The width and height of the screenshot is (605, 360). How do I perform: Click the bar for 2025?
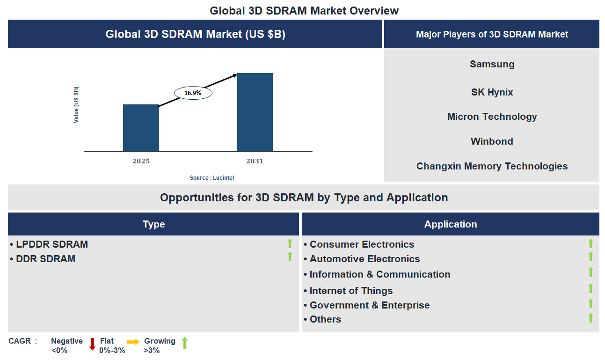tap(141, 128)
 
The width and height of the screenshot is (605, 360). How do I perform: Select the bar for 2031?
tap(255, 112)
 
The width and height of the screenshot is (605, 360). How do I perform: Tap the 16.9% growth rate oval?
tap(193, 93)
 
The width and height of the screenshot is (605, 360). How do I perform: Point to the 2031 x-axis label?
tap(255, 161)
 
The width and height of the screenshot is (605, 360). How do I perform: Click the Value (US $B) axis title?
tap(76, 105)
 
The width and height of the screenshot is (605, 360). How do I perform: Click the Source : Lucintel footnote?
tap(212, 178)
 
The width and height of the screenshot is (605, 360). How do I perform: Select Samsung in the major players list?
tap(492, 64)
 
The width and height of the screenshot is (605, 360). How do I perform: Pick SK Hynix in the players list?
tap(492, 92)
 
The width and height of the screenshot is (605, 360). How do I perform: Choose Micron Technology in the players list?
tap(492, 117)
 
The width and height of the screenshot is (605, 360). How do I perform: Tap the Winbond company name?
tap(492, 141)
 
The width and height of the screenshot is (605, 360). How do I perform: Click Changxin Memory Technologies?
tap(492, 166)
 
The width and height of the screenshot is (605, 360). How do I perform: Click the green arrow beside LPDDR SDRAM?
tap(290, 243)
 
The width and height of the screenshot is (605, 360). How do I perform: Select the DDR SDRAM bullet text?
tap(45, 259)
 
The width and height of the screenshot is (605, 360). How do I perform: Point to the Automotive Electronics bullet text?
tap(364, 259)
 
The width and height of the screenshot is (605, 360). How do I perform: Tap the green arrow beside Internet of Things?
tap(590, 289)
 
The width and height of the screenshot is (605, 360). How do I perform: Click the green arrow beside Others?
tap(590, 318)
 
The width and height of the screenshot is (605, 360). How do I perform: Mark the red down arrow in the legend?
tap(92, 344)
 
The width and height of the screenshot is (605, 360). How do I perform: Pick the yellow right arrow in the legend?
tap(133, 342)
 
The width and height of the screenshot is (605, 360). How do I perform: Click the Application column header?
tap(451, 224)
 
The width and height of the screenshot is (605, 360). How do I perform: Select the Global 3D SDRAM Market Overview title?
tap(304, 10)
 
